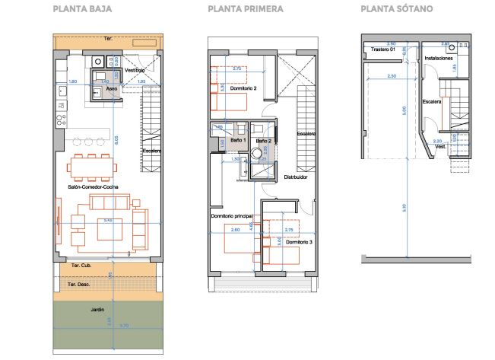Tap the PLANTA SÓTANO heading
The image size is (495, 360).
388,10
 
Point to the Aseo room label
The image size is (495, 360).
111,88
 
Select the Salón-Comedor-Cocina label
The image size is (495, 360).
93,186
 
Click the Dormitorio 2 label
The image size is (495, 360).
242,89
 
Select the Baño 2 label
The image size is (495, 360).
264,141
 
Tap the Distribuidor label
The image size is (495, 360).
295,177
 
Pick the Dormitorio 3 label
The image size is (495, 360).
297,242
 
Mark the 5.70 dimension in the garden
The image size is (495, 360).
124,326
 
